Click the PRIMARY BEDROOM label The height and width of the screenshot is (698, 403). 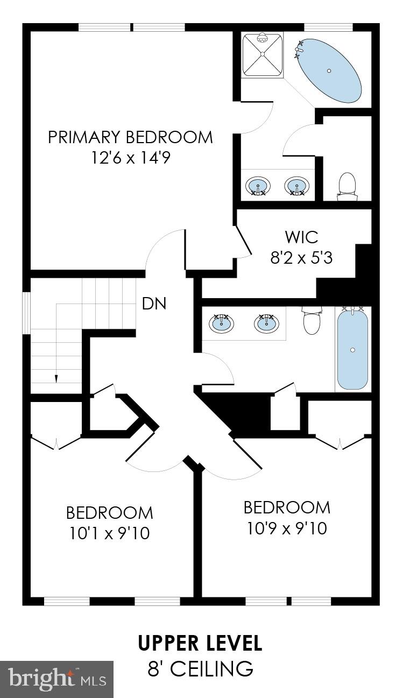coord(130,137)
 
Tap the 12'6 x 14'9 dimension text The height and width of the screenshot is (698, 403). coord(130,158)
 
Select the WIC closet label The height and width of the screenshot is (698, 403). coord(301,237)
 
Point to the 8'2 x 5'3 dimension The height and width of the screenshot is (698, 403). coord(301,258)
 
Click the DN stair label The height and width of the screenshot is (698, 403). coord(154,304)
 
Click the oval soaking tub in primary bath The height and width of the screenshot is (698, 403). coord(329,70)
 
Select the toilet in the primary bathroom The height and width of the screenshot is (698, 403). coord(348,186)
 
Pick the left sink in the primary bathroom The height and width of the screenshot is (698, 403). coord(258,186)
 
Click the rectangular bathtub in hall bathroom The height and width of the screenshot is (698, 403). coord(352,349)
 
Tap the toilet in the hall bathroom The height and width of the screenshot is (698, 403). coord(312,322)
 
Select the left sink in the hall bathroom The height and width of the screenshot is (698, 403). coord(221,323)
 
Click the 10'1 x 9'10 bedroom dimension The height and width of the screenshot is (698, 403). coord(109,533)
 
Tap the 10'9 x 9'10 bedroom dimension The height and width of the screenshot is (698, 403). coord(287,528)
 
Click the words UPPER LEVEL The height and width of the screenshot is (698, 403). coord(200,643)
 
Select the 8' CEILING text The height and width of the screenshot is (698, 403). coord(200,669)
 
